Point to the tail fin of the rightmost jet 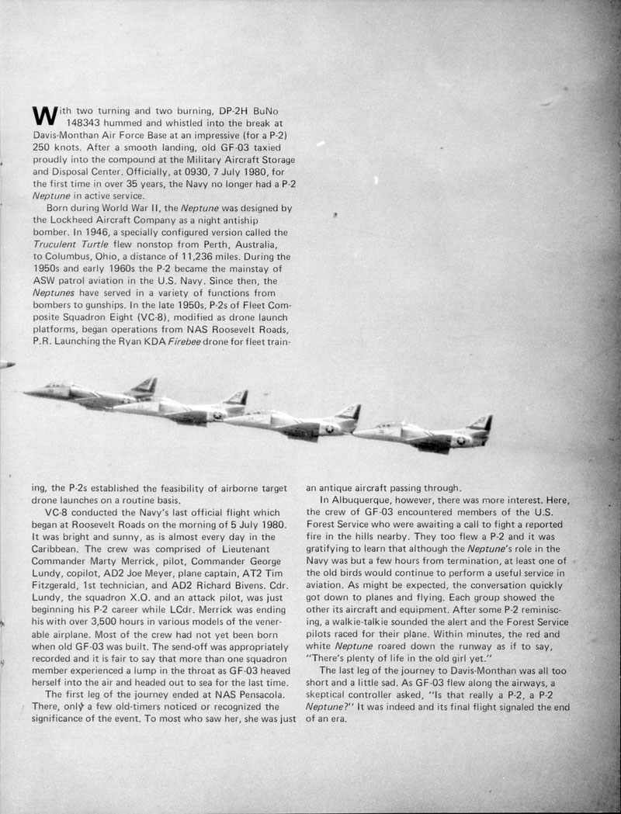(481, 424)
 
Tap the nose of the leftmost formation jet (27, 393)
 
